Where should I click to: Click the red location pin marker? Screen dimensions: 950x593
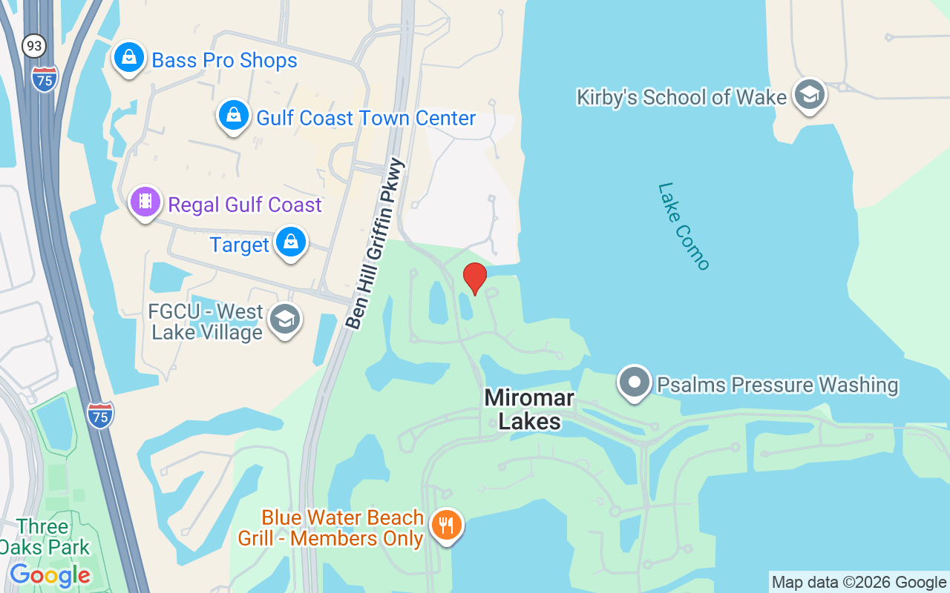[475, 279]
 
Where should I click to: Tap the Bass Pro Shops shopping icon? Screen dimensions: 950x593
[129, 57]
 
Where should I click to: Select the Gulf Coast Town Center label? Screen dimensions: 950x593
[366, 118]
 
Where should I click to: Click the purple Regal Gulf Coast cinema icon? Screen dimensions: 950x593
[145, 202]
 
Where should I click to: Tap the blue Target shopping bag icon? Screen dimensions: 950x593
[290, 242]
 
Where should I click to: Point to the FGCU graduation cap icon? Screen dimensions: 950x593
[285, 320]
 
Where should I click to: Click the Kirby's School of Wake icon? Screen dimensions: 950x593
[809, 94]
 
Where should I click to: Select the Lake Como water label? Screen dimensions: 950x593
[684, 226]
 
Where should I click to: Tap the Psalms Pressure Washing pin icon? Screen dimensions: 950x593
[635, 382]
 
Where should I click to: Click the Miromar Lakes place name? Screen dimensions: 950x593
[529, 409]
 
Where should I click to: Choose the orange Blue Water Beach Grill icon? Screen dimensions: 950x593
[446, 526]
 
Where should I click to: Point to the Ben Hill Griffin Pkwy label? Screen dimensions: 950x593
[376, 244]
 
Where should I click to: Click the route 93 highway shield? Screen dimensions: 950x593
[33, 46]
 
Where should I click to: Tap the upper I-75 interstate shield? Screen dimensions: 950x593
[45, 79]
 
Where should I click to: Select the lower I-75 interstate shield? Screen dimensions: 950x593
[100, 415]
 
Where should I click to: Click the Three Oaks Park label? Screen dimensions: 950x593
[45, 537]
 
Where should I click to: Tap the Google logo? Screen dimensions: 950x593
[50, 574]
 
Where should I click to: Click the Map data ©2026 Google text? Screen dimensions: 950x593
[859, 582]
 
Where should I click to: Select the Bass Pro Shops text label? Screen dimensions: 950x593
[224, 61]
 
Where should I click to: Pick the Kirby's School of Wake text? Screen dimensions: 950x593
[681, 97]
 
